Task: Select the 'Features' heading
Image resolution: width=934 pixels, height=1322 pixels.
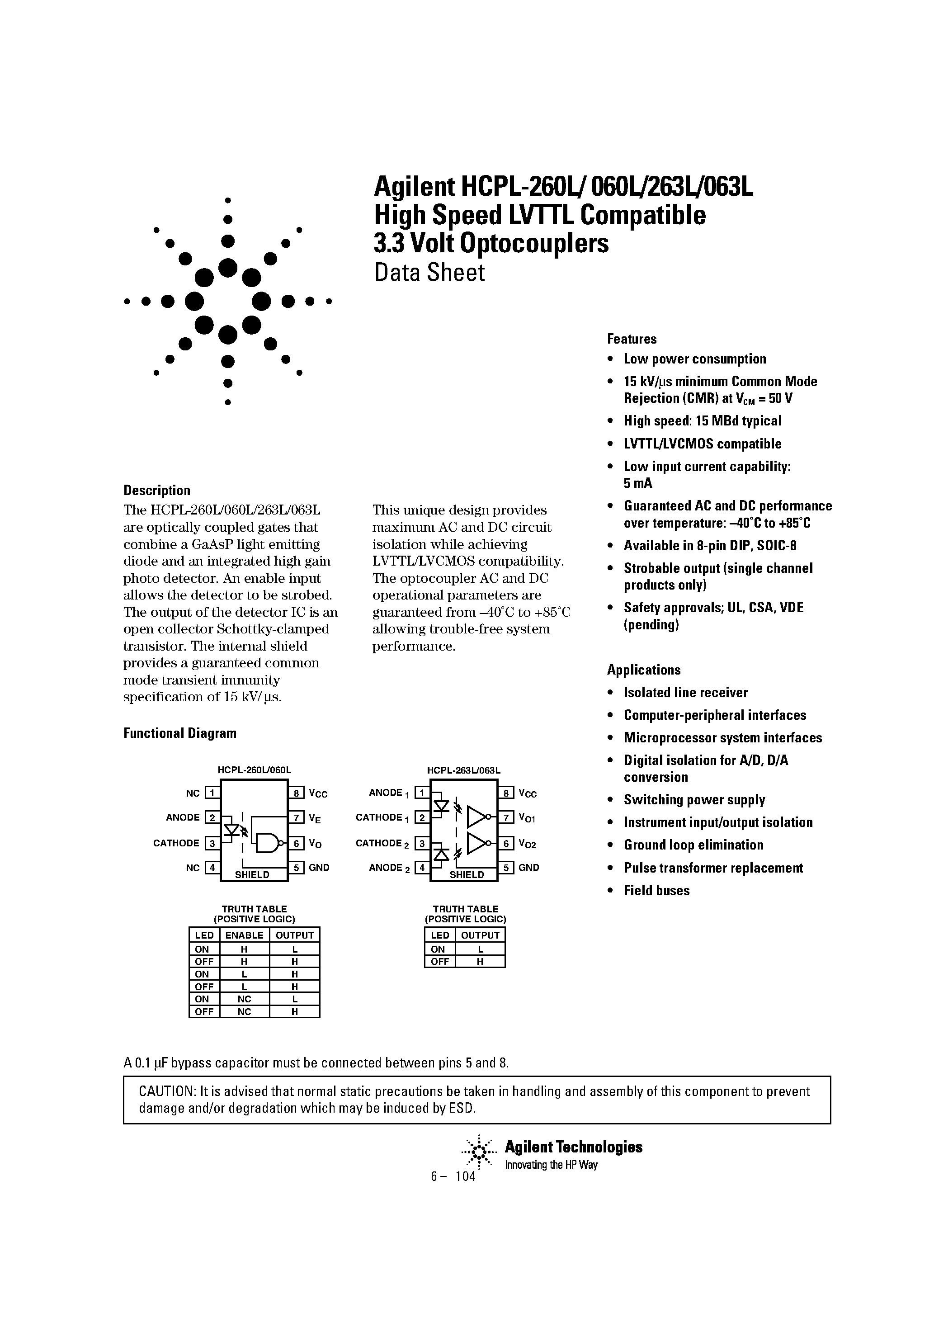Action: [x=631, y=339]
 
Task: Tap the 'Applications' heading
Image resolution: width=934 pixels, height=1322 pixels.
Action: [x=643, y=670]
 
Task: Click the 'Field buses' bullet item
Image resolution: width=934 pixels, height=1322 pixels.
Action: [x=656, y=890]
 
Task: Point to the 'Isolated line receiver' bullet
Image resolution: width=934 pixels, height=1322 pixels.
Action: [x=685, y=692]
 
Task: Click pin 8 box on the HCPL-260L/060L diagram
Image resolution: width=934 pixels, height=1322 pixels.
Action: [x=296, y=793]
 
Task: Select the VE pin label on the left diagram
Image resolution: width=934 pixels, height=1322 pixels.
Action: [x=314, y=818]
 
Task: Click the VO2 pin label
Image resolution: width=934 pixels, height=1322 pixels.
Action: [x=527, y=844]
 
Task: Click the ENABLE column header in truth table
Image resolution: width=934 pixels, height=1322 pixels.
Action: [x=244, y=935]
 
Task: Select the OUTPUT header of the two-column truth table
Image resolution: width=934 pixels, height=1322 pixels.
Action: [x=480, y=935]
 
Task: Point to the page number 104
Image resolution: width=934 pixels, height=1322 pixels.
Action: [x=465, y=1176]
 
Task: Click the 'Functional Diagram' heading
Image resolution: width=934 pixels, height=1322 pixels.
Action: [x=179, y=733]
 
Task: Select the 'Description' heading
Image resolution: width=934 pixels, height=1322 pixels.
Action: [x=156, y=490]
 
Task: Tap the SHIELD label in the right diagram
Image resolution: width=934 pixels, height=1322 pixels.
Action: [x=467, y=874]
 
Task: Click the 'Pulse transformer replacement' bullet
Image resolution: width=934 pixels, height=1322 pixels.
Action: [x=713, y=868]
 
